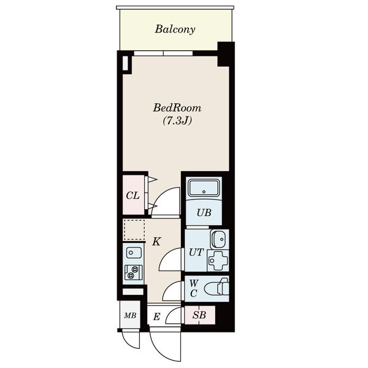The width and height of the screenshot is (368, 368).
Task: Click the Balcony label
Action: point(175,29)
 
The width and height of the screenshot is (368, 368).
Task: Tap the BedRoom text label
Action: point(177,108)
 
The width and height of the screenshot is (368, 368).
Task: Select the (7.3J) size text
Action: point(177,121)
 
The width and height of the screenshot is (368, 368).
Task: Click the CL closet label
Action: point(133,196)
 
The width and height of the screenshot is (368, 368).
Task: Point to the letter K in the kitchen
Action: point(156,242)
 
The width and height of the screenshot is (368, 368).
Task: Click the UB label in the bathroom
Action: point(204,213)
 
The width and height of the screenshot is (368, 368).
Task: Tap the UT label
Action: point(196,252)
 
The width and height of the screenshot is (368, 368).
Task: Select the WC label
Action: point(194,288)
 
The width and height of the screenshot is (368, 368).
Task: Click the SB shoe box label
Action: point(199,315)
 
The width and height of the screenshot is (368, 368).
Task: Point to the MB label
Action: point(130,315)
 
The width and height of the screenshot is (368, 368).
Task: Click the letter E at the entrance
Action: point(156,317)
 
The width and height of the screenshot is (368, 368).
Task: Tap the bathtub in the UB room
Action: point(204,188)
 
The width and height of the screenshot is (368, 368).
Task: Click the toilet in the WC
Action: point(216,288)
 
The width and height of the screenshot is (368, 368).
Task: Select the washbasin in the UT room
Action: point(219,239)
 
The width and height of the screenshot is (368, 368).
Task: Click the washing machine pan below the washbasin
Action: point(218,261)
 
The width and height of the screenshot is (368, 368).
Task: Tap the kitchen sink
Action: point(134,253)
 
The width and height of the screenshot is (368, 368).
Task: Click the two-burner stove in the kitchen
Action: point(133,272)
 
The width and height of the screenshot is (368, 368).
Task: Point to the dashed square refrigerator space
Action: point(134,230)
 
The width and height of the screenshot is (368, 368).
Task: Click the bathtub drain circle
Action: point(204,192)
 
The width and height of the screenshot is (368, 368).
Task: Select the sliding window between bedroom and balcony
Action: point(163,53)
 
